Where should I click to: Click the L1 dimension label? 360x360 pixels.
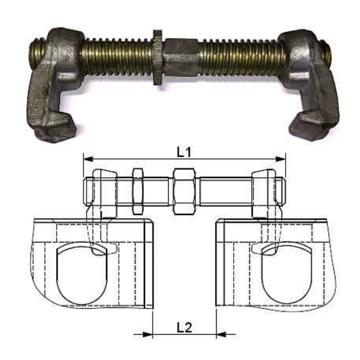[x=184, y=152]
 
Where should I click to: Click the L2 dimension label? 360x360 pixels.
[x=184, y=328]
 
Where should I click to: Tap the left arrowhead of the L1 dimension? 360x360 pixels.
[x=88, y=159]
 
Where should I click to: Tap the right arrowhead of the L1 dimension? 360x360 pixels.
[x=280, y=159]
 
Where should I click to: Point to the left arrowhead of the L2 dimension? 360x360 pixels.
[x=148, y=334]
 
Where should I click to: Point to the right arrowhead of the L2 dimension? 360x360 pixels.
[x=221, y=334]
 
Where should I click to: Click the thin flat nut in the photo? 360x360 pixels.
[x=158, y=58]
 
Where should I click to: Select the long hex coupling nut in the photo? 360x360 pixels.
[x=181, y=58]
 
